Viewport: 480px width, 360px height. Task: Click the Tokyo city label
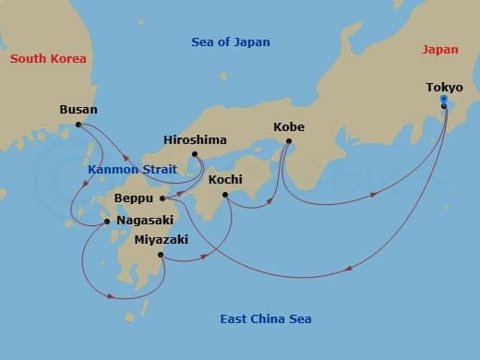point(444,88)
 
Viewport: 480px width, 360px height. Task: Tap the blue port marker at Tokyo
point(444,100)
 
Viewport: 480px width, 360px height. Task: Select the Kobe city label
point(289,127)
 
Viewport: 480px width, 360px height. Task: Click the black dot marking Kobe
point(289,141)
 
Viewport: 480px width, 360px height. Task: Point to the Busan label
point(78,109)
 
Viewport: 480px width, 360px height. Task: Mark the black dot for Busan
point(78,124)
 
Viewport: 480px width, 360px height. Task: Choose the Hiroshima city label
point(195,139)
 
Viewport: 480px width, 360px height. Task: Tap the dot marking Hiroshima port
point(195,154)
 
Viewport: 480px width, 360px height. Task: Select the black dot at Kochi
point(225,195)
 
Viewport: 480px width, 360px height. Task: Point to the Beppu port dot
point(162,198)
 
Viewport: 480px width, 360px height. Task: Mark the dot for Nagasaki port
point(107,222)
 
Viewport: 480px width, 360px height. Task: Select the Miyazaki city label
point(161,239)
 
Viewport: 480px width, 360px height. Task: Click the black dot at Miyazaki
point(161,254)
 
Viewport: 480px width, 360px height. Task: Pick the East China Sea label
point(266,319)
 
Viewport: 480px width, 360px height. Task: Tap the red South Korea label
point(48,59)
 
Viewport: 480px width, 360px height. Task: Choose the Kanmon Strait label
point(126,170)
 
